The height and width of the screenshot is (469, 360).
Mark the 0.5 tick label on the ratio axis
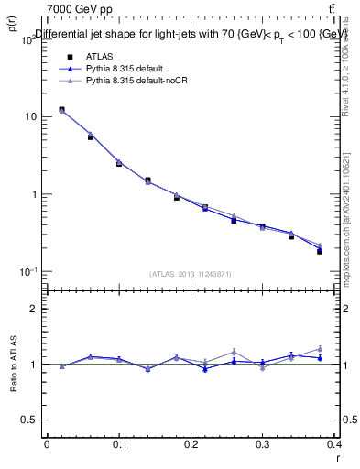tap(32, 420)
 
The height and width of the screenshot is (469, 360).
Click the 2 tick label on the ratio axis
tap(35, 310)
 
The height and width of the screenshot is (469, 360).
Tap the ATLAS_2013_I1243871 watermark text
tap(191, 274)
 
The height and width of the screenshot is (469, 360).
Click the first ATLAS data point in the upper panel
tap(61, 110)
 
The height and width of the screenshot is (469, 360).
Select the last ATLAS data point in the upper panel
tap(320, 251)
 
